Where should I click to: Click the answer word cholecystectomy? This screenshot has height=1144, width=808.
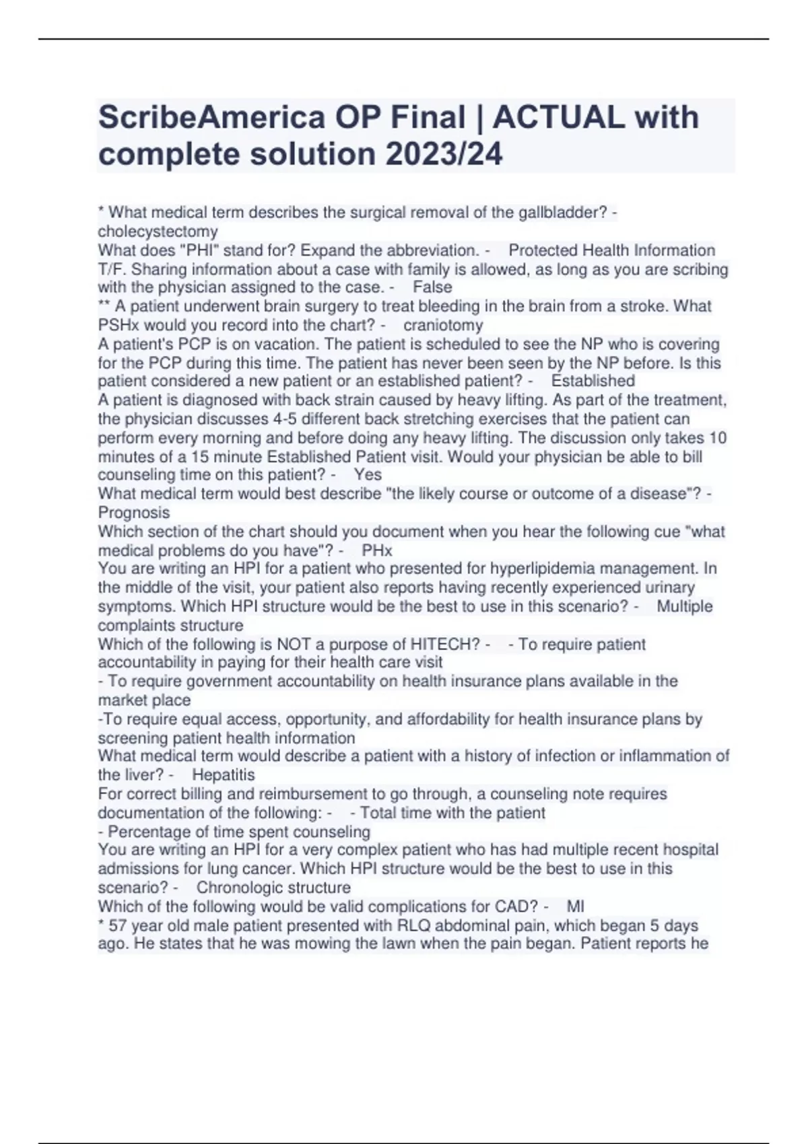[x=158, y=231]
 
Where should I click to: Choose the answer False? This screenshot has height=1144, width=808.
[x=432, y=287]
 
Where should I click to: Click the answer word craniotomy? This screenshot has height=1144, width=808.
[x=443, y=325]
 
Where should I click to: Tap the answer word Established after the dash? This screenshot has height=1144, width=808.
[x=593, y=381]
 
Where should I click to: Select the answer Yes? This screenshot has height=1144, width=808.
[x=368, y=474]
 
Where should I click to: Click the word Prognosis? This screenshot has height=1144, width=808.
[x=134, y=512]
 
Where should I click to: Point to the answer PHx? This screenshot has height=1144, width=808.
[x=377, y=550]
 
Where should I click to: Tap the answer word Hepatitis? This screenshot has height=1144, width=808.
[x=224, y=775]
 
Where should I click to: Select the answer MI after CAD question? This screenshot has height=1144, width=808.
[x=576, y=906]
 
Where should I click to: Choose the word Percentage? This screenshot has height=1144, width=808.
[x=149, y=832]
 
